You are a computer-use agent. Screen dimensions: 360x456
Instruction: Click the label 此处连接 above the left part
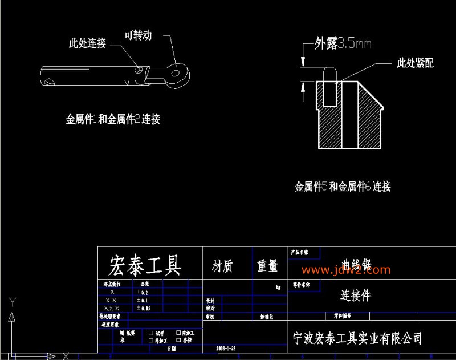pyautogui.click(x=87, y=43)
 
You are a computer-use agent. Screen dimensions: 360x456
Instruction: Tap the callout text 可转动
pyautogui.click(x=138, y=35)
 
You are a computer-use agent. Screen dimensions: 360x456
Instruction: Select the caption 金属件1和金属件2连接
pyautogui.click(x=113, y=119)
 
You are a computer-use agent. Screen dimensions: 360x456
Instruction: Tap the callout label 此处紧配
pyautogui.click(x=415, y=63)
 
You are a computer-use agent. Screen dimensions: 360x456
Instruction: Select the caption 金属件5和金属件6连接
pyautogui.click(x=342, y=186)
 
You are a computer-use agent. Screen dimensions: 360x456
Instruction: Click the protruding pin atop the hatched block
pyautogui.click(x=329, y=77)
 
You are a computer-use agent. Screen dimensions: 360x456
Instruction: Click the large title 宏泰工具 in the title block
pyautogui.click(x=145, y=265)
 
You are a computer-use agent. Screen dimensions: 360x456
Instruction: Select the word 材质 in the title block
pyautogui.click(x=222, y=266)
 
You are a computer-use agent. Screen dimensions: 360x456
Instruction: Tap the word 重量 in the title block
pyautogui.click(x=267, y=266)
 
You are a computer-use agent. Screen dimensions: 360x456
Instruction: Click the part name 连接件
pyautogui.click(x=356, y=295)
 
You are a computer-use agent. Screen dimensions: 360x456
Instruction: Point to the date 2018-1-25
pyautogui.click(x=226, y=347)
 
